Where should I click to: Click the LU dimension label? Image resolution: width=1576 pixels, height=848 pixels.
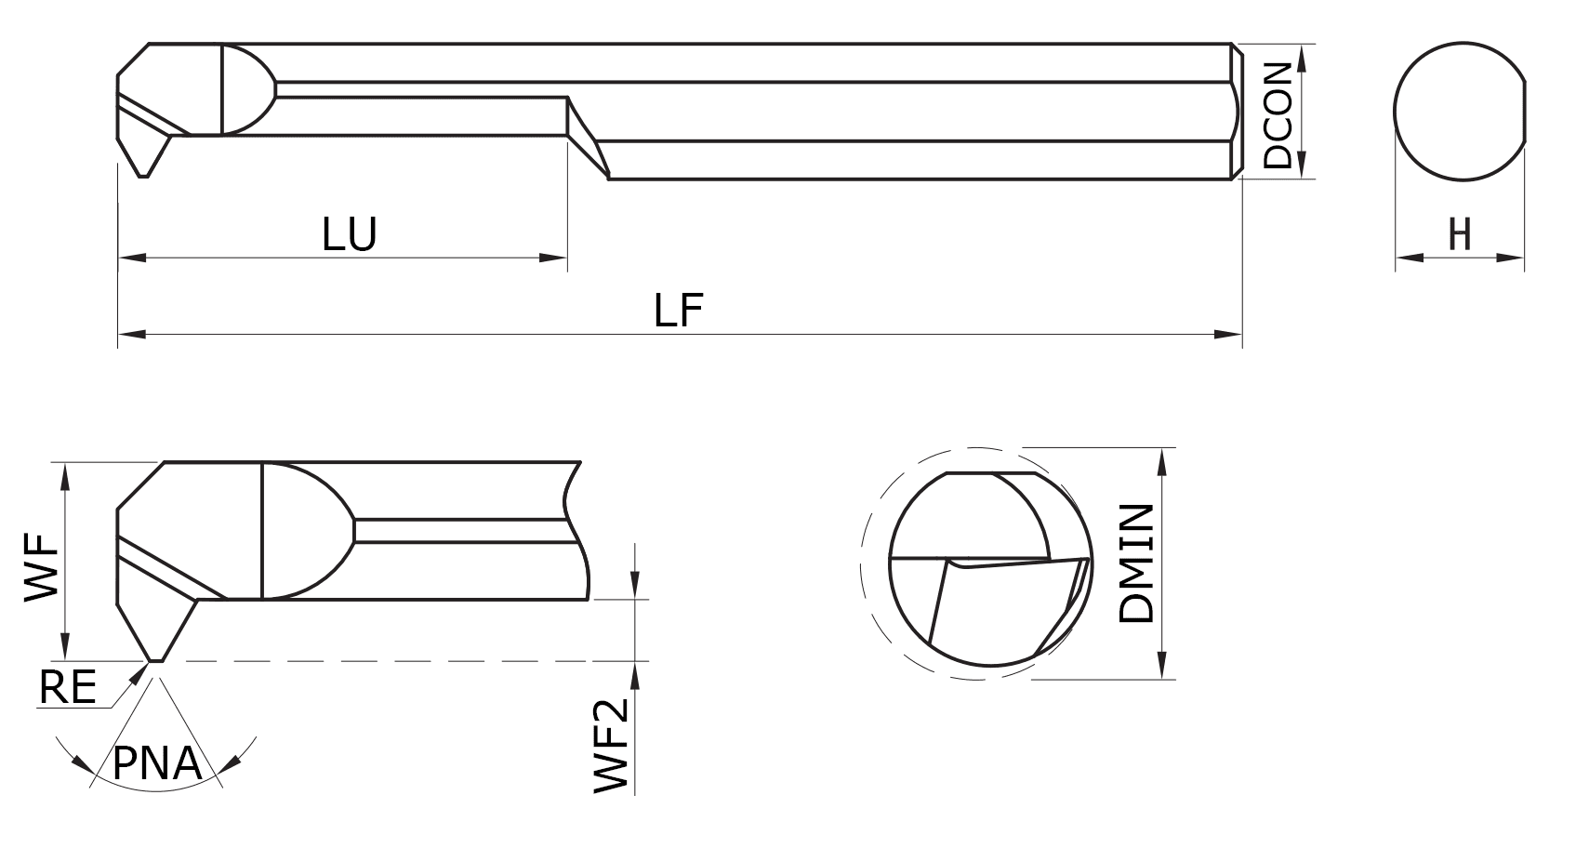(x=350, y=235)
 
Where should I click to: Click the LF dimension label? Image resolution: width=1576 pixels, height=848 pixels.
(x=678, y=311)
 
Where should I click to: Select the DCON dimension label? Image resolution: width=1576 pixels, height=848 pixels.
(x=1278, y=115)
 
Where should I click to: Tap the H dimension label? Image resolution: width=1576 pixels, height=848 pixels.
(x=1460, y=234)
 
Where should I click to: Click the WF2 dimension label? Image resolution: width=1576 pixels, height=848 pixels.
(x=612, y=745)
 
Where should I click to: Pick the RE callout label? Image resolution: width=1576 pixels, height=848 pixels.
(x=68, y=688)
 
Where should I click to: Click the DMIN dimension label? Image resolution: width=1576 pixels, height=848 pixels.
(x=1138, y=563)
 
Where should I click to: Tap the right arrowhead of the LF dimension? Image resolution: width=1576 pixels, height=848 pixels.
(x=1231, y=334)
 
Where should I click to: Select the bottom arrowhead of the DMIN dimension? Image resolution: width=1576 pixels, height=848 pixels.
(x=1161, y=669)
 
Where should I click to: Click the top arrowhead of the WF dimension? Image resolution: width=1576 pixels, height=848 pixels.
(x=65, y=474)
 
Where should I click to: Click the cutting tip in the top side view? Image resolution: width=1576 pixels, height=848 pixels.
(x=143, y=174)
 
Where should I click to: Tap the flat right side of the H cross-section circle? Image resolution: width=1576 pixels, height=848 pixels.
(x=1524, y=112)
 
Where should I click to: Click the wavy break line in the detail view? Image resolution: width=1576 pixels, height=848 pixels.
(x=576, y=530)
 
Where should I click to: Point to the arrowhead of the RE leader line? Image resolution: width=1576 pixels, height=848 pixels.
(x=140, y=673)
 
